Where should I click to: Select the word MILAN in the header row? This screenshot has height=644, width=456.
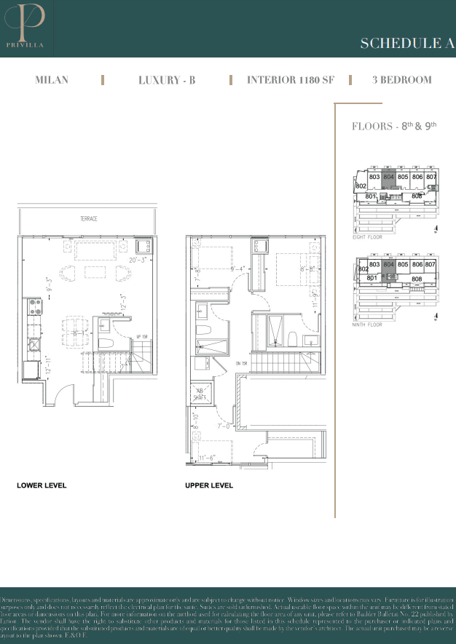click(x=52, y=80)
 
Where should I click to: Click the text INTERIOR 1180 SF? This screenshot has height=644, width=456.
click(x=290, y=80)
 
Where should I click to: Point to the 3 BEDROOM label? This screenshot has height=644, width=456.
click(x=401, y=80)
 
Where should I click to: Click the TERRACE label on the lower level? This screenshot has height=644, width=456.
click(x=89, y=219)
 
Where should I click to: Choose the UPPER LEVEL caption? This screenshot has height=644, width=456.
click(x=209, y=485)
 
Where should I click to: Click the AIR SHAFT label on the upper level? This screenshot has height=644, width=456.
click(x=200, y=393)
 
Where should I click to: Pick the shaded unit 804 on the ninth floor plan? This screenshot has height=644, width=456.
click(x=388, y=266)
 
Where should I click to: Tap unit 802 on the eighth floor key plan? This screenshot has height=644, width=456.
click(x=361, y=186)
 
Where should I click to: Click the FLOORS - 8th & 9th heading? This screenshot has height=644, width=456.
click(x=393, y=126)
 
